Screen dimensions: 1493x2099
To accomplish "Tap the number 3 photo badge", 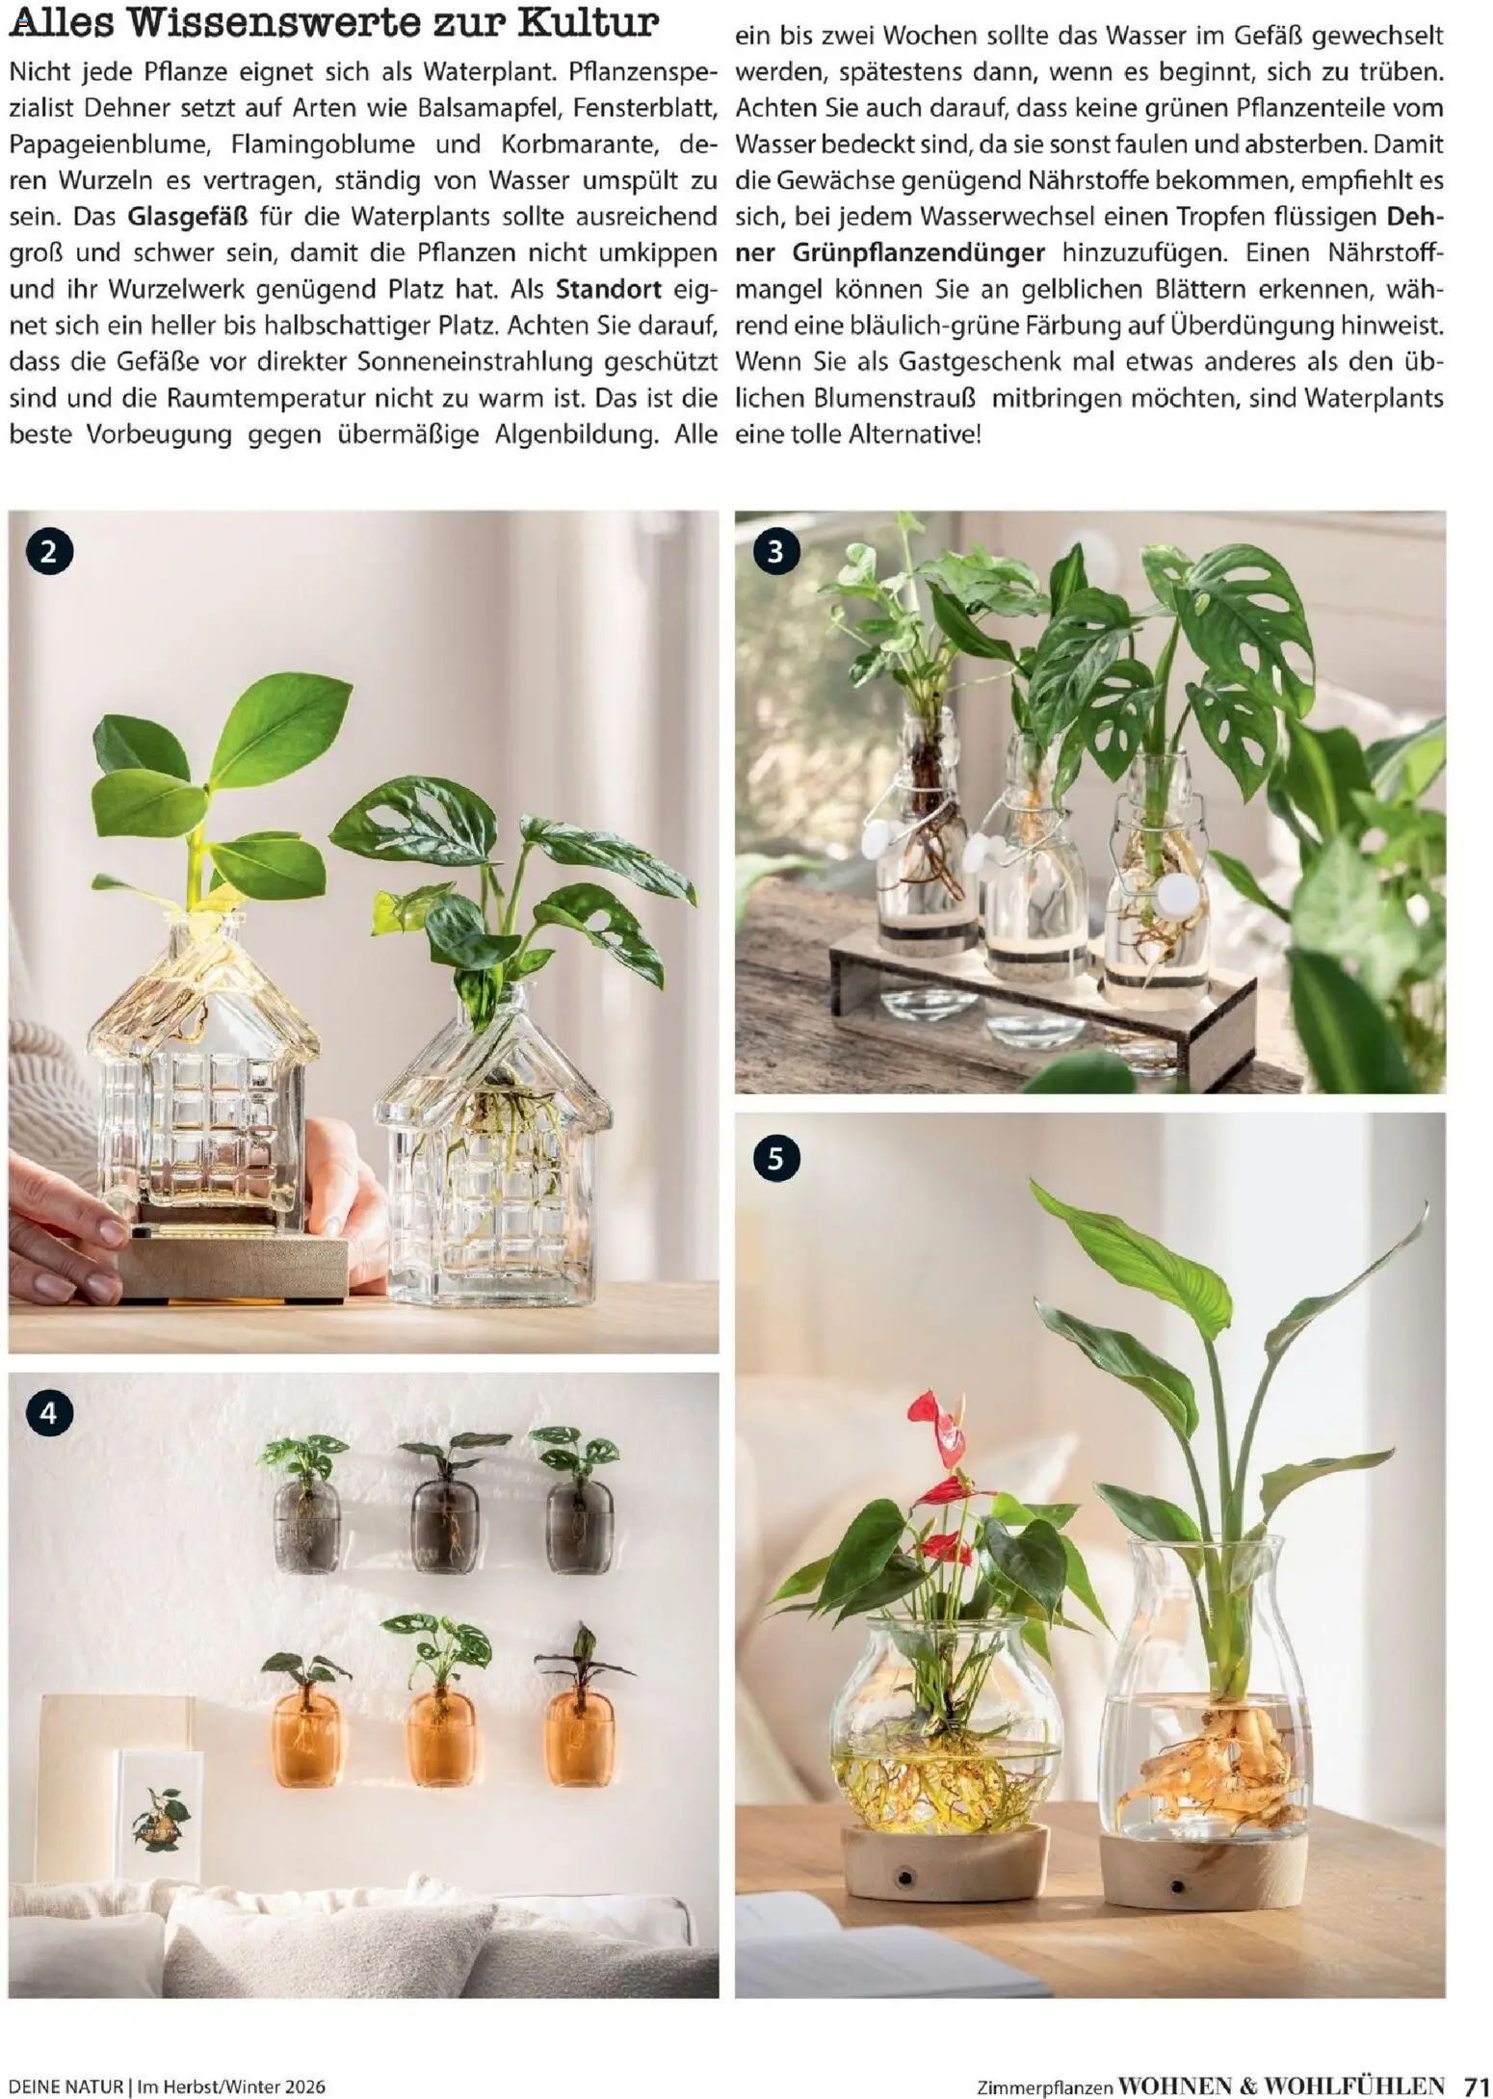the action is coord(775,553).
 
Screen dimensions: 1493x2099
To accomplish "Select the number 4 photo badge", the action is coord(50,1413).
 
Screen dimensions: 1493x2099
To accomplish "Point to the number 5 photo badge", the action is coord(775,1159).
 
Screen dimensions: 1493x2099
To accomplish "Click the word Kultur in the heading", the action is coord(589,22).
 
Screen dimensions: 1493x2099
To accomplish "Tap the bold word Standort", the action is coord(609,289).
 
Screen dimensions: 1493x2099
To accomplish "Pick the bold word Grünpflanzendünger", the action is coord(919,253).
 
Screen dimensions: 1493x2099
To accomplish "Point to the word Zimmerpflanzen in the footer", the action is coord(1044,2080).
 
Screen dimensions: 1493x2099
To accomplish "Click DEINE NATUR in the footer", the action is coord(65,2079).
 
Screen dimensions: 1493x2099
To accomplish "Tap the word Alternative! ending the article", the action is coord(915,434).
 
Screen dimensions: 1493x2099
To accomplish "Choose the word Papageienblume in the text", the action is coord(109,145).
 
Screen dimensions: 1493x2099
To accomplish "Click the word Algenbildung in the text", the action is coord(576,434).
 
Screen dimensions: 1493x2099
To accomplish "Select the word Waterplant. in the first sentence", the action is coord(484,72).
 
